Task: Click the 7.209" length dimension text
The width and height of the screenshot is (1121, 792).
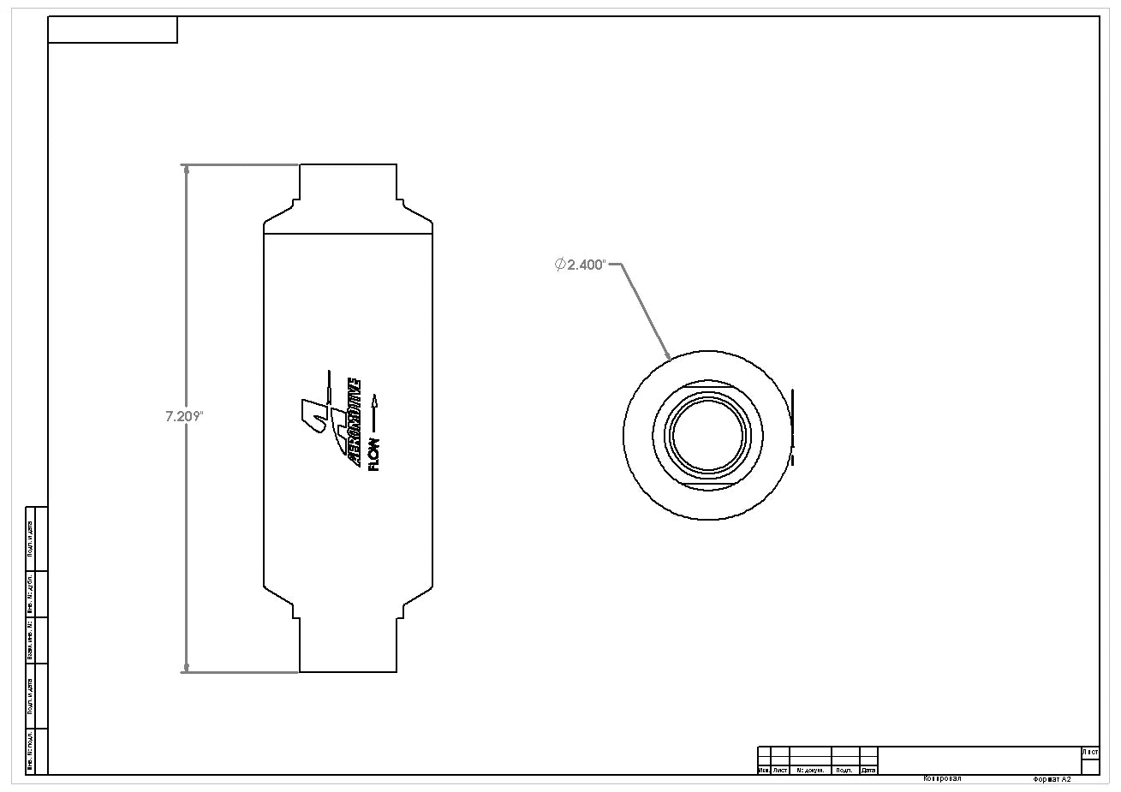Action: pyautogui.click(x=183, y=417)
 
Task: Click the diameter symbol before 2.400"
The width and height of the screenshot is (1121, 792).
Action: pyautogui.click(x=560, y=265)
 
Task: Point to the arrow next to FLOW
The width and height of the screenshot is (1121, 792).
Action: pyautogui.click(x=374, y=412)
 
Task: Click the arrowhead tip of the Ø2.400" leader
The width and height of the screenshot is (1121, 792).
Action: pyautogui.click(x=669, y=355)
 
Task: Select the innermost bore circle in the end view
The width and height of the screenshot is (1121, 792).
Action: pyautogui.click(x=707, y=435)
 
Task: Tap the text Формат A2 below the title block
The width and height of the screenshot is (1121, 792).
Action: pyautogui.click(x=1052, y=780)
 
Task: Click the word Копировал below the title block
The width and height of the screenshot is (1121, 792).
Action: pyautogui.click(x=942, y=779)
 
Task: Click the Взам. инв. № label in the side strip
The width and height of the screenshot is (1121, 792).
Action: pyautogui.click(x=31, y=640)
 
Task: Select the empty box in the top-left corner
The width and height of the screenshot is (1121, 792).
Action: pyautogui.click(x=112, y=30)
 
